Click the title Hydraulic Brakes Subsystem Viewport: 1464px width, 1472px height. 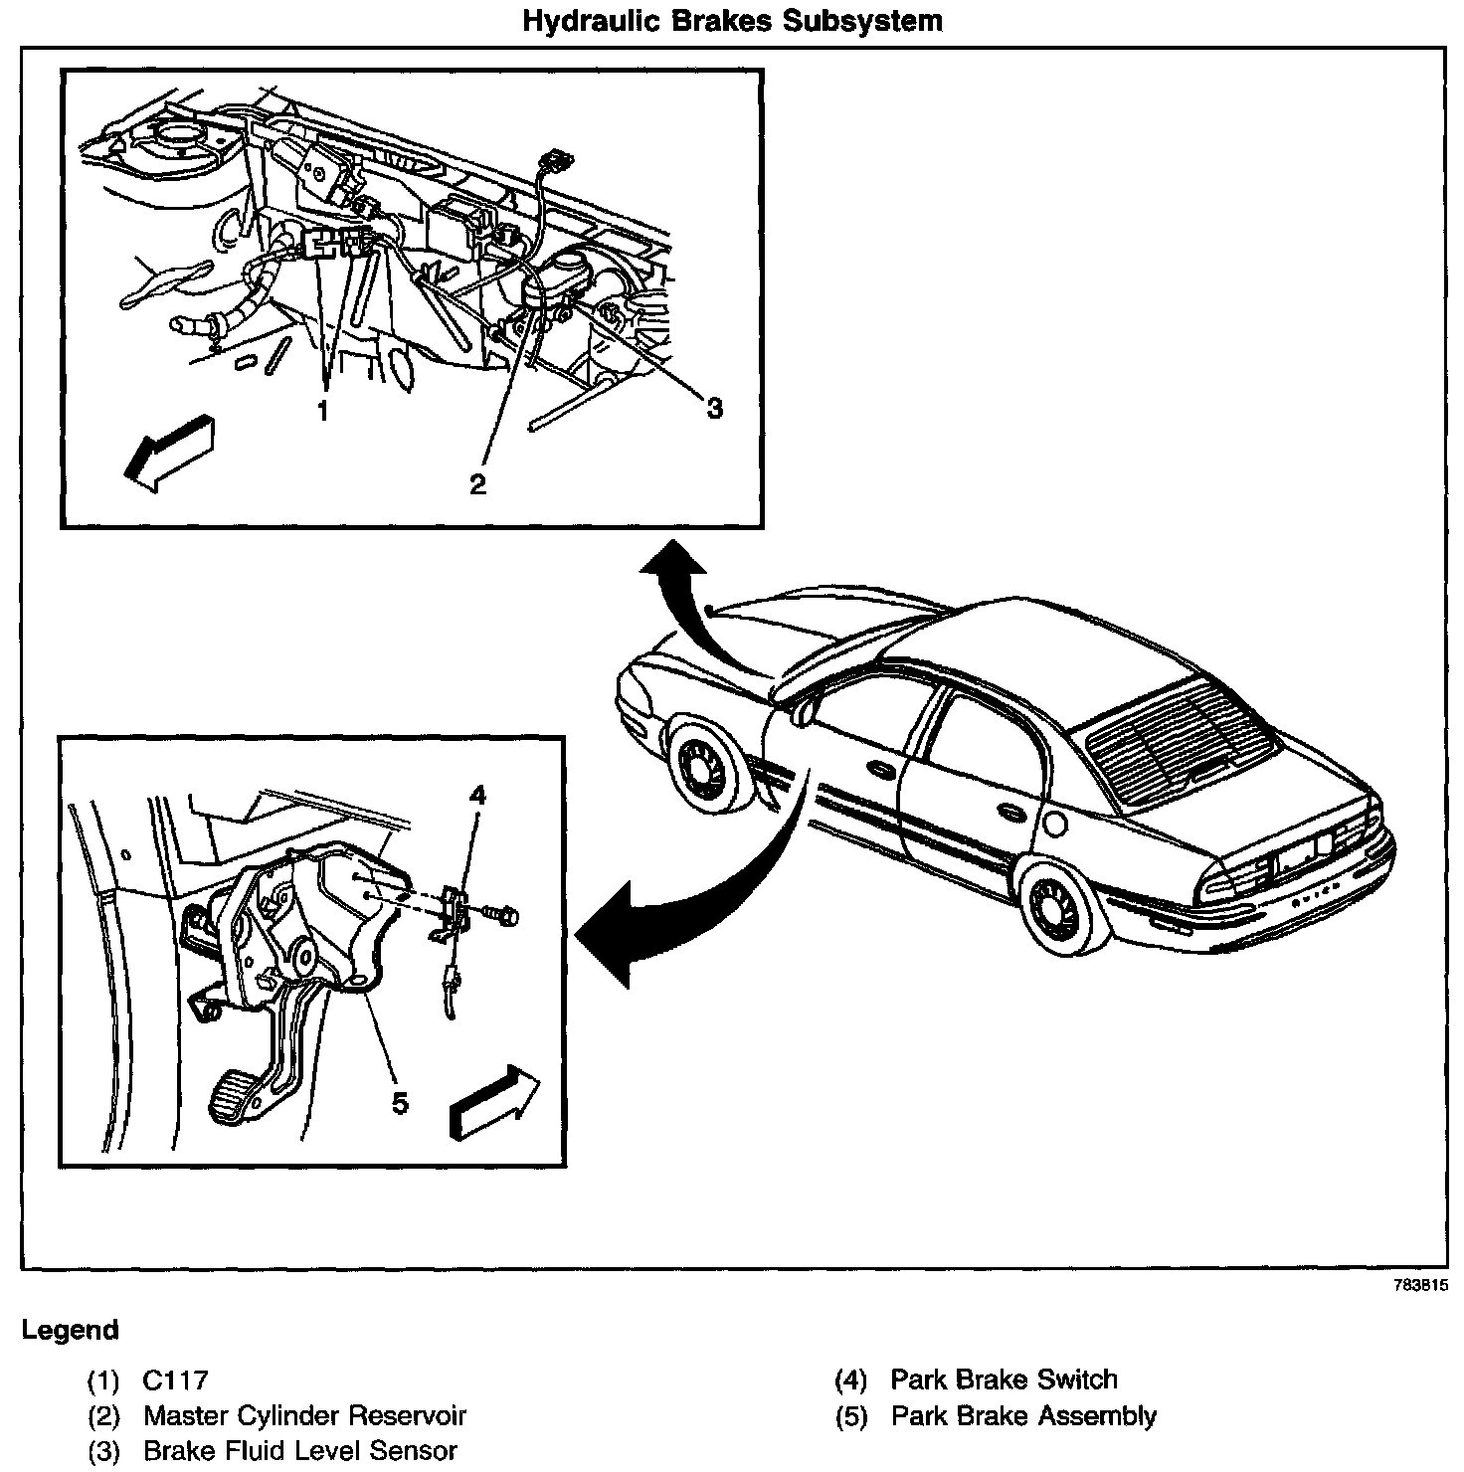click(733, 21)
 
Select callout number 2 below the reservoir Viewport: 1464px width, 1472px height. click(478, 484)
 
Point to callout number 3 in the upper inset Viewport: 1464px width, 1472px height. click(714, 407)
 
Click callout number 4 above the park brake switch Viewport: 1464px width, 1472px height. click(477, 795)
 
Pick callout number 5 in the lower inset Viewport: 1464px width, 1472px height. click(400, 1103)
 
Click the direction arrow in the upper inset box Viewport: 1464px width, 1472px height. click(170, 452)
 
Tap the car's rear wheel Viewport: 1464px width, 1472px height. click(1057, 909)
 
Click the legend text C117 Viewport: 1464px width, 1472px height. click(175, 1380)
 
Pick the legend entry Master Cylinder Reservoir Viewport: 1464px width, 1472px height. click(304, 1415)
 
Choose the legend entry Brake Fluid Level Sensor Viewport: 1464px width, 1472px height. click(300, 1450)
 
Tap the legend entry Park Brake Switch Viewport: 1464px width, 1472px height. click(1004, 1380)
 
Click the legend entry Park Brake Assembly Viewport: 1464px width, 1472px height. click(1023, 1415)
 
